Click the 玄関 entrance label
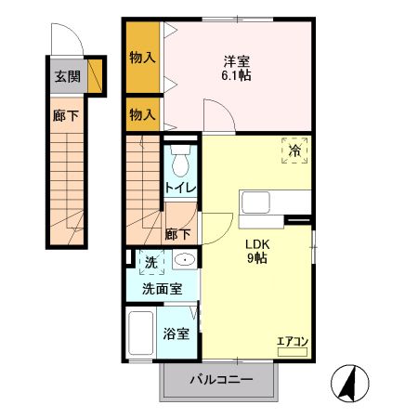pos(66,77)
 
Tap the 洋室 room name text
pos(236,61)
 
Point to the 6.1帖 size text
pos(236,77)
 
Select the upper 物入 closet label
pos(142,57)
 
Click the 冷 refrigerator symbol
pos(294,150)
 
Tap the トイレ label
pos(179,189)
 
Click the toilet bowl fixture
pos(180,163)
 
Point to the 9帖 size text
pos(257,259)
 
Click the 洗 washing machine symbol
pos(150,263)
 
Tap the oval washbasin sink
pos(185,260)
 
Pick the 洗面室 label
pos(162,289)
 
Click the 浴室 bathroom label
pos(177,333)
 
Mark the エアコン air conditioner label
pos(293,343)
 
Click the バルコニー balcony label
pos(221,379)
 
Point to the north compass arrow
pos(350,382)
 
